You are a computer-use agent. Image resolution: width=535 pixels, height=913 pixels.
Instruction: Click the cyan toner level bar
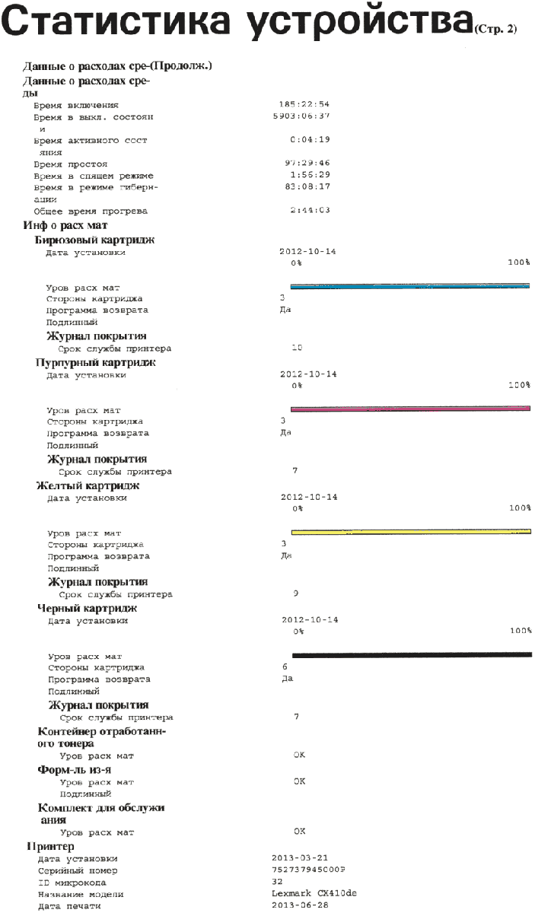point(409,287)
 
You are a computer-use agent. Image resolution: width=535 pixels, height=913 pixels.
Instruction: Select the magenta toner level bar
point(409,409)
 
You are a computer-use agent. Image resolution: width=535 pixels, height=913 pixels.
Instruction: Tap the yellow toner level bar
point(410,532)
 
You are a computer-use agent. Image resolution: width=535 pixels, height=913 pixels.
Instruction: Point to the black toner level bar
point(411,654)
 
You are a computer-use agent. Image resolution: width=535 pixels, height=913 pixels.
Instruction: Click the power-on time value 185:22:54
point(304,104)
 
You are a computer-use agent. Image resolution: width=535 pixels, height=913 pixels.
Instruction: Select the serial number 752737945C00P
point(307,870)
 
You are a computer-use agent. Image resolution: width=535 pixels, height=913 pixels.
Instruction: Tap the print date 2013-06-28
point(300,906)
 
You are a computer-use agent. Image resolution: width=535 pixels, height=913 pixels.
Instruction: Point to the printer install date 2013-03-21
point(300,858)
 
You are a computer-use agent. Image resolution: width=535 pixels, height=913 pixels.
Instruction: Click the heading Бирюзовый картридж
point(95,240)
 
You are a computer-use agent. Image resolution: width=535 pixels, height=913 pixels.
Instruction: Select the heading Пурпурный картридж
point(96,363)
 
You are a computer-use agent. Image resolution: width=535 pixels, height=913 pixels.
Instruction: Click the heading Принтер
point(50,846)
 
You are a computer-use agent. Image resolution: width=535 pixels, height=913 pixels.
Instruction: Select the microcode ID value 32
point(276,883)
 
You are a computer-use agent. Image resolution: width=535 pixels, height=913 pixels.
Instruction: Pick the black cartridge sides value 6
point(284,666)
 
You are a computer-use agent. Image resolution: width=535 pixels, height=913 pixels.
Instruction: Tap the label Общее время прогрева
point(91,211)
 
